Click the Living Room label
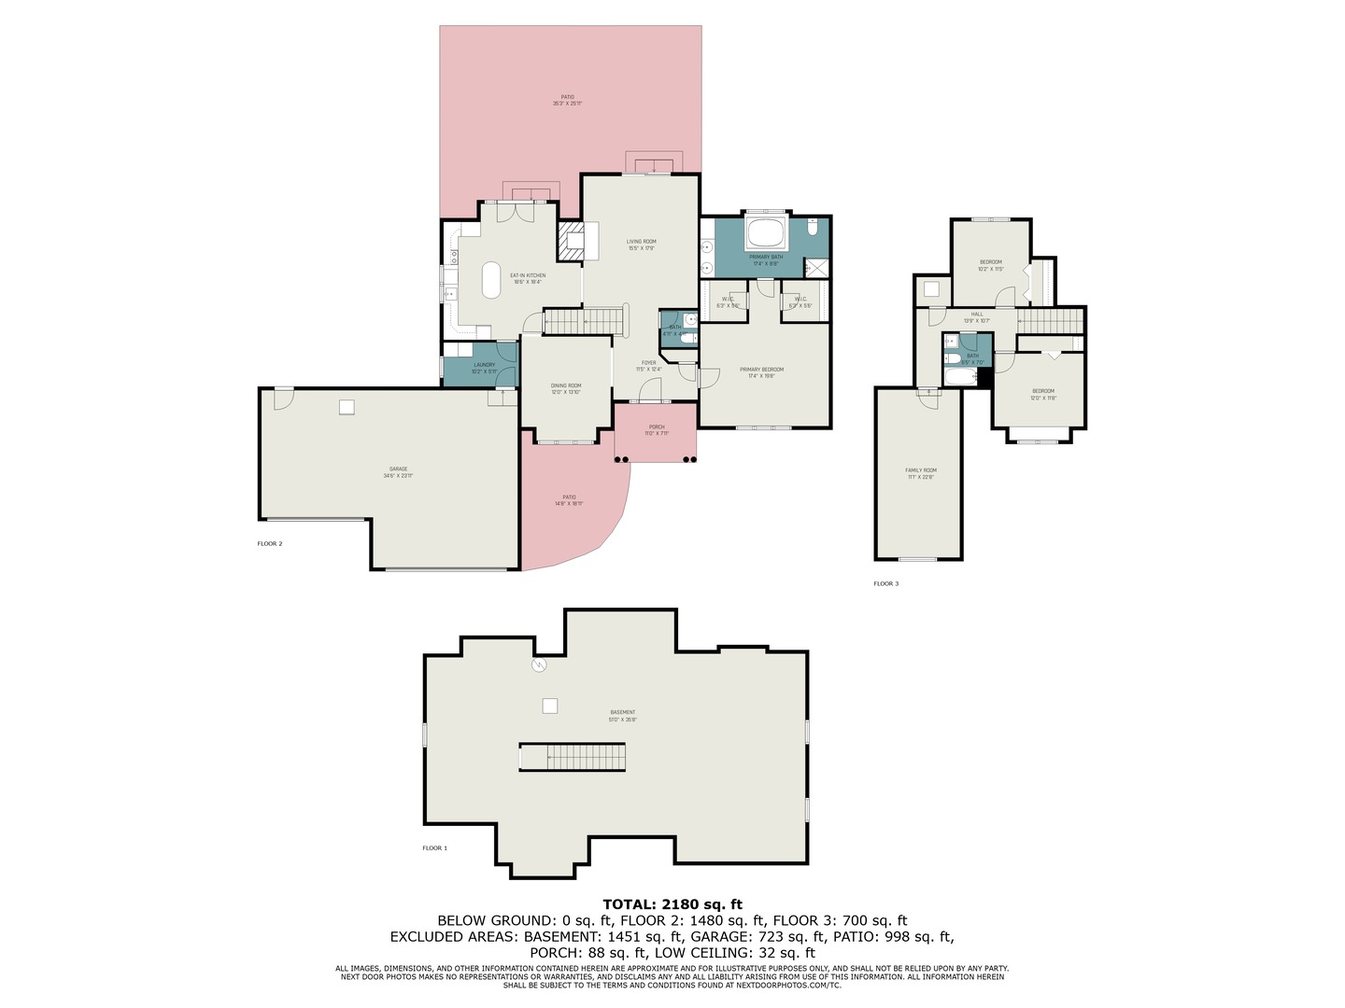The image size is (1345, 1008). pos(641,242)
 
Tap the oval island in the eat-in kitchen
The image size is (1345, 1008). pos(491,279)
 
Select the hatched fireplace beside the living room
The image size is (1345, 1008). pos(569,243)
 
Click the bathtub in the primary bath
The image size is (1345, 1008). pos(766,234)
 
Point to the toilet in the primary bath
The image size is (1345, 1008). pos(813,227)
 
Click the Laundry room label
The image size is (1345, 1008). pos(484,365)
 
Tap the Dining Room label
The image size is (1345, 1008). pos(565,385)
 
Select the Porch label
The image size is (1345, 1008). pos(657,427)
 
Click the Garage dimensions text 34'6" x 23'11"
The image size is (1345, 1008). pos(398,476)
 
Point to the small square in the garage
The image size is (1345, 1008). pos(347,407)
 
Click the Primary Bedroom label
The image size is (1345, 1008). pos(761,370)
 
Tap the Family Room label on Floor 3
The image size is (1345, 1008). pos(920,470)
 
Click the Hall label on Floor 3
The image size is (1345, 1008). pos(977,314)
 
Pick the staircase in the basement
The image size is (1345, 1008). pos(573,757)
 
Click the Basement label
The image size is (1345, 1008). pos(622,712)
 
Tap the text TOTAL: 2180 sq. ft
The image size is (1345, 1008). pos(672,903)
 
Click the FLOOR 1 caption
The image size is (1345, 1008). pos(434,848)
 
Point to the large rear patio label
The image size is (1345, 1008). pos(567,97)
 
